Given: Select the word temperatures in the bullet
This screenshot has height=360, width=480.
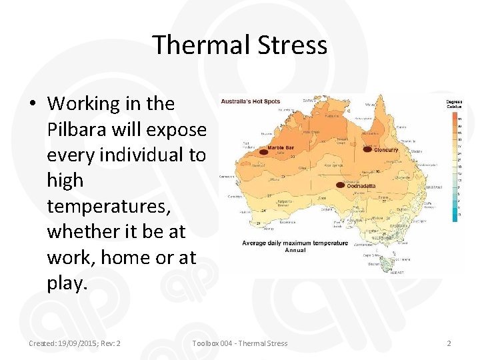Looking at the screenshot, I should (x=109, y=206).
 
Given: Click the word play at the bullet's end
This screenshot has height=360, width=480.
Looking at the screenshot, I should (x=67, y=283).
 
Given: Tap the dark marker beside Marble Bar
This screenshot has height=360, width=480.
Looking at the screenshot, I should (x=263, y=152).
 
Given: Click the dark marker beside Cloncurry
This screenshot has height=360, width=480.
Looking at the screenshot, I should (x=367, y=149).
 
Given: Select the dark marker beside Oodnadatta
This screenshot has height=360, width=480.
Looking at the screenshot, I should (x=341, y=184).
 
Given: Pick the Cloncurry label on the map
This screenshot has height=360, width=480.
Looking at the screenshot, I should (x=386, y=150).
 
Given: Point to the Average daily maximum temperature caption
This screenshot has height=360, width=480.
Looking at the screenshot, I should (x=295, y=243).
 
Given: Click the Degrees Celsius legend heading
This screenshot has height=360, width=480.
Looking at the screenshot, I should (x=454, y=104).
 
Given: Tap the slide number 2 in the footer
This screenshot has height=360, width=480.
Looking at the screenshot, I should (x=449, y=343).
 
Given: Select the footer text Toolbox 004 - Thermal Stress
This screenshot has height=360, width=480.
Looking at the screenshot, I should (x=240, y=343).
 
